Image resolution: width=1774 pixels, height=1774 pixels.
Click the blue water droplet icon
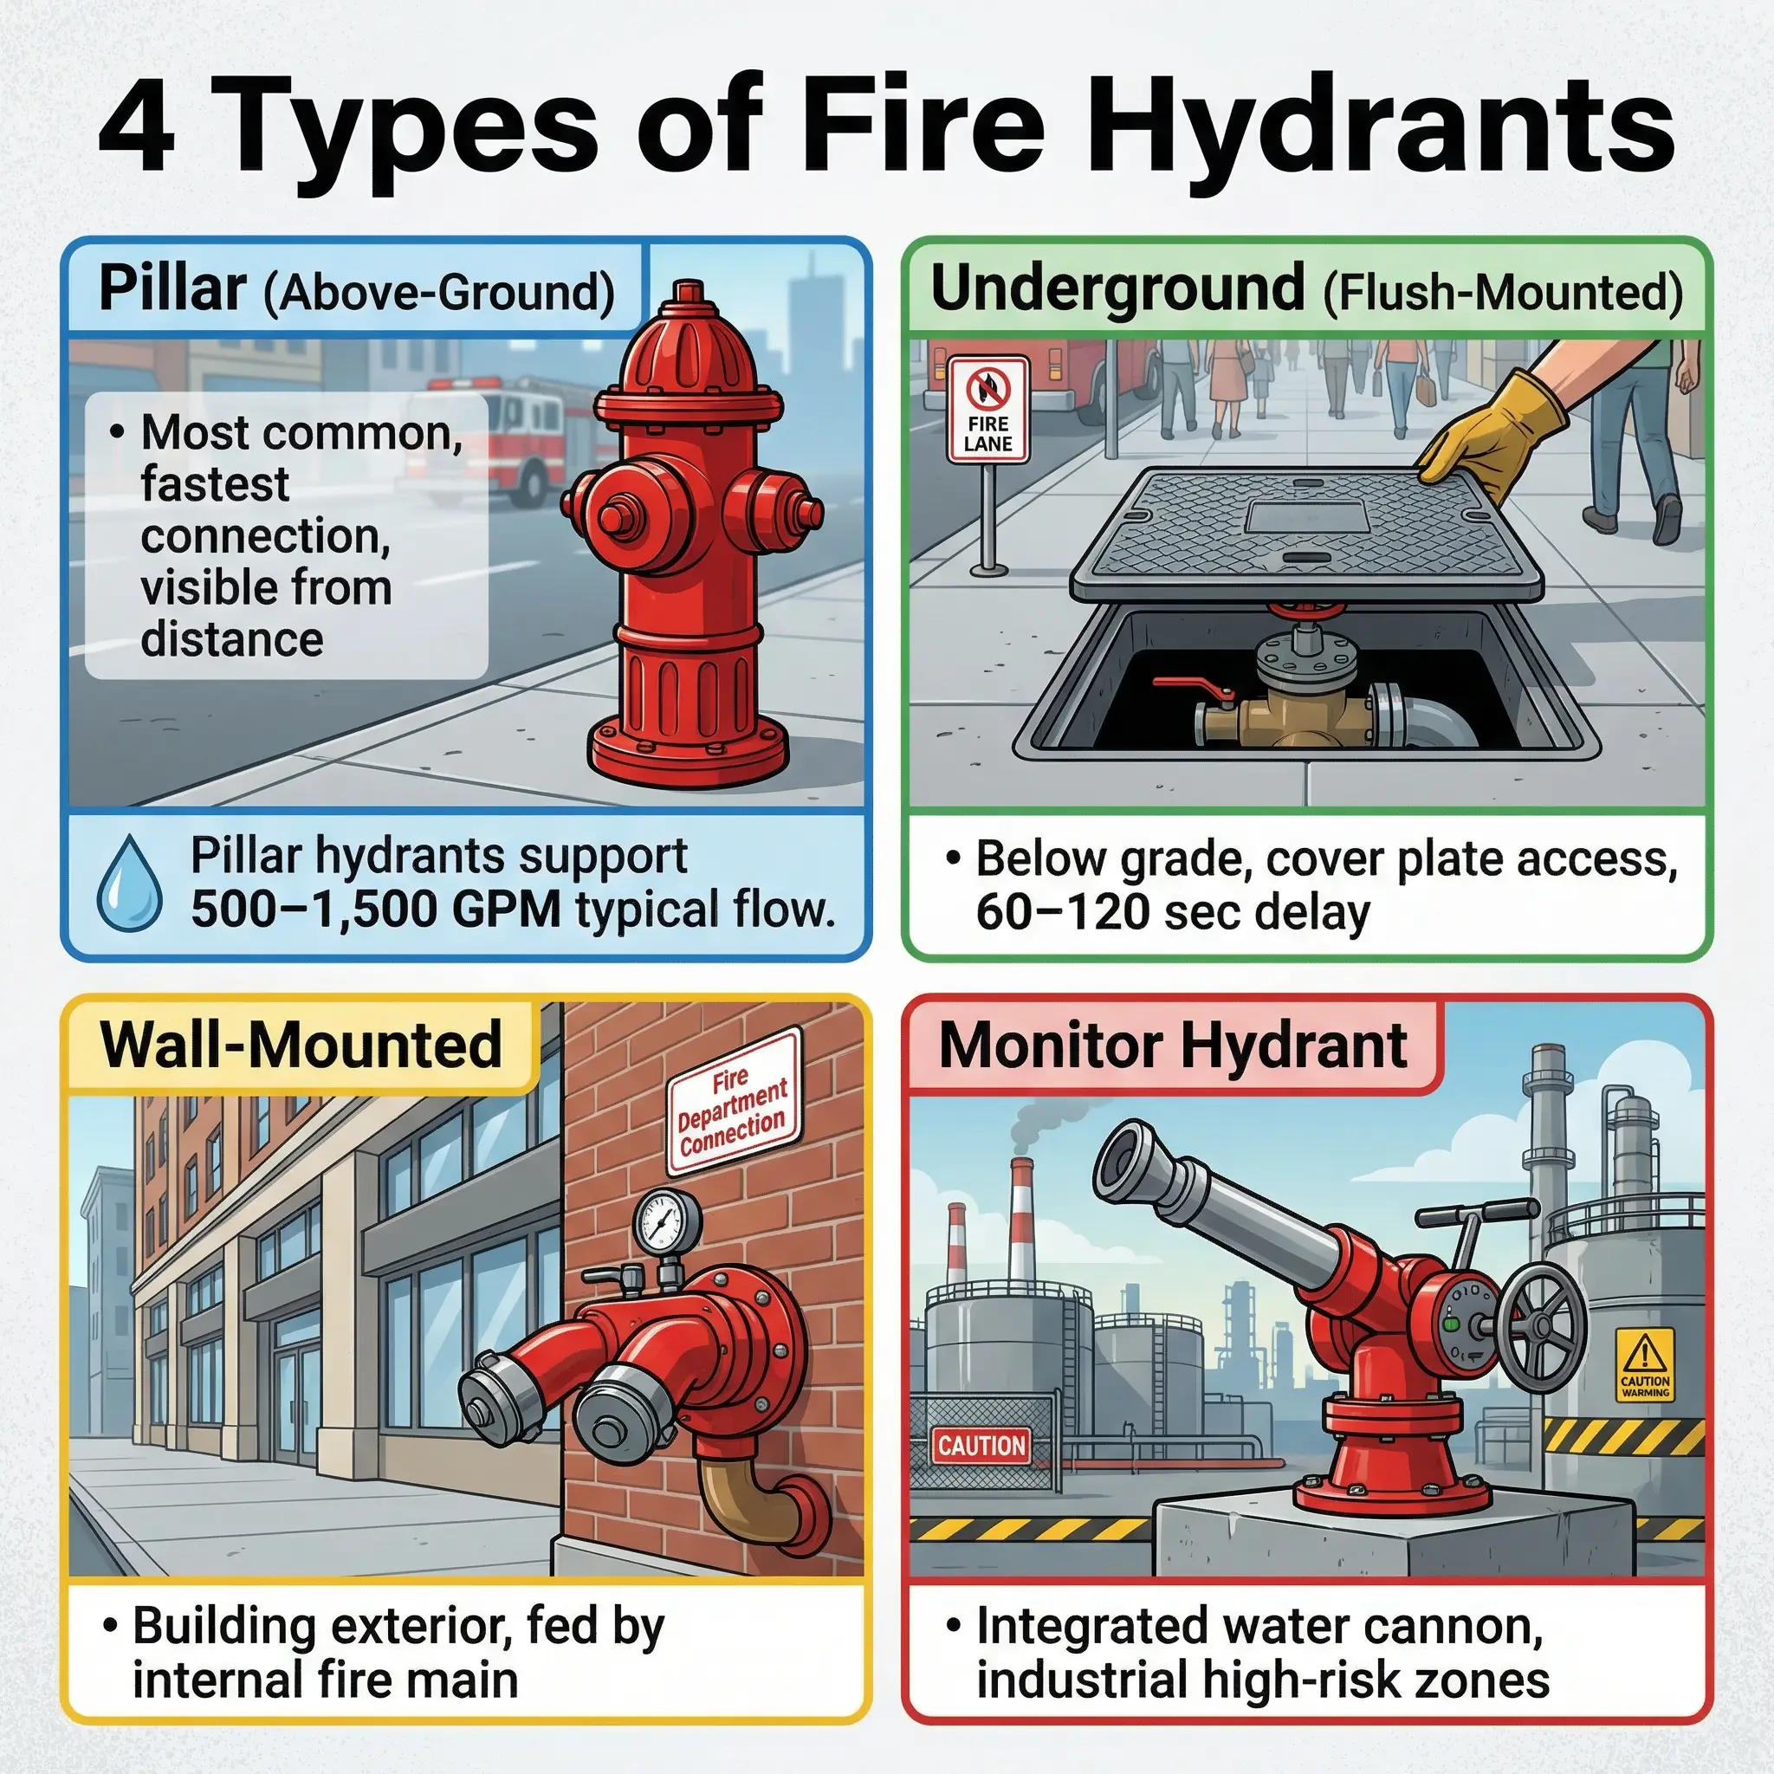pos(129,884)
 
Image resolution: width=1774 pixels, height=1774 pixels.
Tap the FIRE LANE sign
pos(988,411)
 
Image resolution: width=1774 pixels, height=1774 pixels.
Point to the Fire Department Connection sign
pos(733,1101)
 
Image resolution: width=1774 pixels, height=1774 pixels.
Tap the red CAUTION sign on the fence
pos(981,1446)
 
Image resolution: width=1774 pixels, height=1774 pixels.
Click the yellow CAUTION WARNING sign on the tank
pos(1646,1363)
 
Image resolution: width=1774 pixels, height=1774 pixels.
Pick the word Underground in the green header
pos(1117,288)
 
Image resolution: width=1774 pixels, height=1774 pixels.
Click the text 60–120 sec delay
pos(1173,913)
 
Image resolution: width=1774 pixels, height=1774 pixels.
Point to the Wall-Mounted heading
pos(301,1045)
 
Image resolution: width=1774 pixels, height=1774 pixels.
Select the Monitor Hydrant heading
pos(1173,1046)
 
